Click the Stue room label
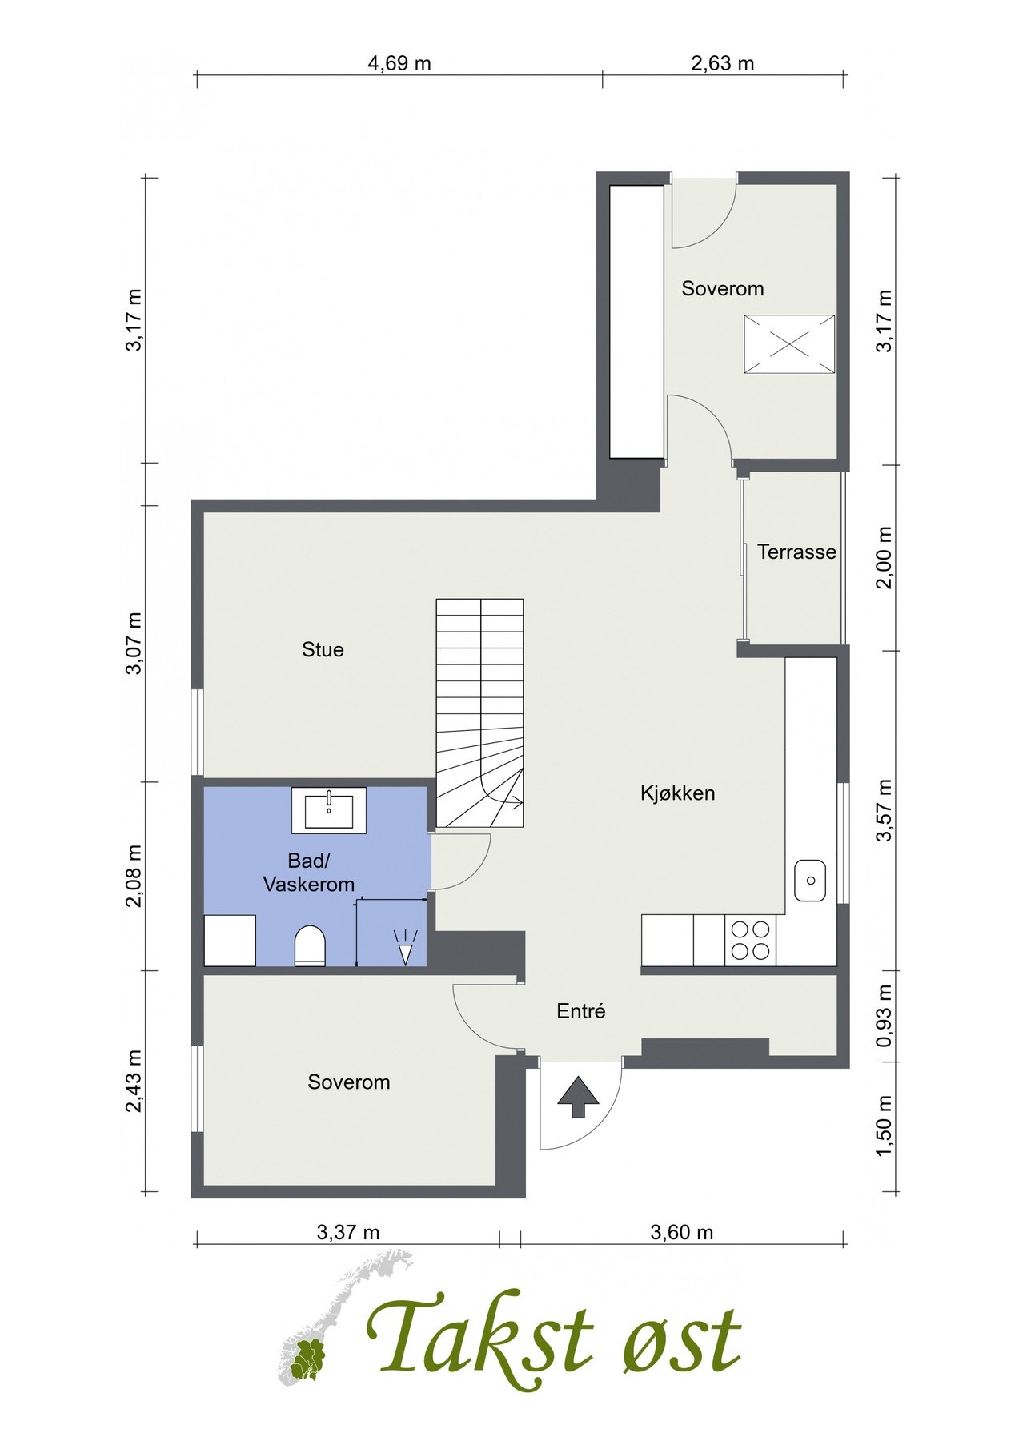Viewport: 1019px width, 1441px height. click(323, 649)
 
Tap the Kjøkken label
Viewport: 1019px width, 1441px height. click(677, 793)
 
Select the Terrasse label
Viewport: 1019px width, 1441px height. click(796, 552)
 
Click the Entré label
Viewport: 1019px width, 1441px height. click(580, 1011)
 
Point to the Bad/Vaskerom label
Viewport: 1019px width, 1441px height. click(309, 873)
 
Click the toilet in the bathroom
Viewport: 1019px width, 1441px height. click(310, 945)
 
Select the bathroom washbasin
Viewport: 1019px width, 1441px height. click(329, 810)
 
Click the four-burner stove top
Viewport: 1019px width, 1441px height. click(750, 940)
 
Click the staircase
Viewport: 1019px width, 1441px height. click(479, 713)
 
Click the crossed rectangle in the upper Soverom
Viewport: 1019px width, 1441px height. click(789, 344)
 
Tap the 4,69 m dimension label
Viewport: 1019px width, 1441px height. click(399, 63)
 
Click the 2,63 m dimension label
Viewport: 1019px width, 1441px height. click(722, 63)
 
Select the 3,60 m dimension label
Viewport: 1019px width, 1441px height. click(681, 1232)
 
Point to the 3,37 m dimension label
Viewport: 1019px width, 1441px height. click(348, 1232)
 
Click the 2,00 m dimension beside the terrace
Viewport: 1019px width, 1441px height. click(884, 557)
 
